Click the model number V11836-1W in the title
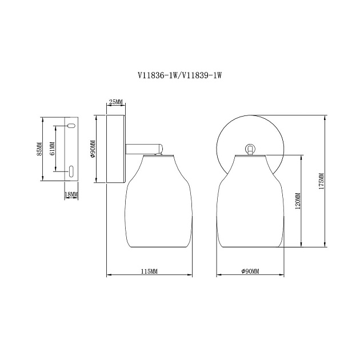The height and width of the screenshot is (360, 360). (157, 75)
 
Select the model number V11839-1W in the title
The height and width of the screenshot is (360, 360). (202, 75)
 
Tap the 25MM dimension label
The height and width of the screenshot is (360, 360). (116, 102)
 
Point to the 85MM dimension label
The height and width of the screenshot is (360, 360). (39, 149)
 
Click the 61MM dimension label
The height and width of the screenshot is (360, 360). (52, 149)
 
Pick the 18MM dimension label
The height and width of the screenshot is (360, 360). (71, 194)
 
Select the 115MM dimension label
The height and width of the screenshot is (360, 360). (149, 271)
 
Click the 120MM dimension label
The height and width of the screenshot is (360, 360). (298, 201)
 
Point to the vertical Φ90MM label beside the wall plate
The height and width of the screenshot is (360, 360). (93, 149)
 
